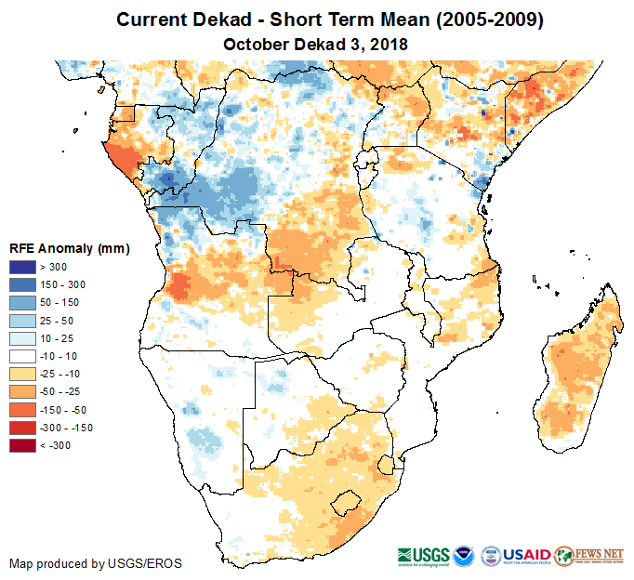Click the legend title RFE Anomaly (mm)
click(69, 249)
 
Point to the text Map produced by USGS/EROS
click(96, 563)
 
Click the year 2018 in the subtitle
click(390, 45)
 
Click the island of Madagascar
click(581, 367)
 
